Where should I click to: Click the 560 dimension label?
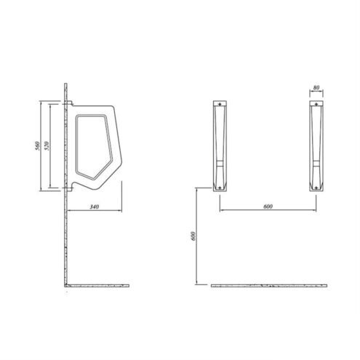point(38,145)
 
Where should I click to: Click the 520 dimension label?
point(47,145)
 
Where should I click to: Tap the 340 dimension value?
point(95,207)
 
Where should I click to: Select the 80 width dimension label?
point(316,87)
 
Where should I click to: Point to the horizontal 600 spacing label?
point(268,207)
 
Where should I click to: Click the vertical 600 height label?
point(193,236)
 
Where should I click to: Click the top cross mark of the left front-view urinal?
point(220,104)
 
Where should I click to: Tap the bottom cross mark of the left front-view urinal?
point(220,188)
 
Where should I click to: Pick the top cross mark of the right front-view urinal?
point(316,104)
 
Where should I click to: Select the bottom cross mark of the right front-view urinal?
point(316,188)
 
